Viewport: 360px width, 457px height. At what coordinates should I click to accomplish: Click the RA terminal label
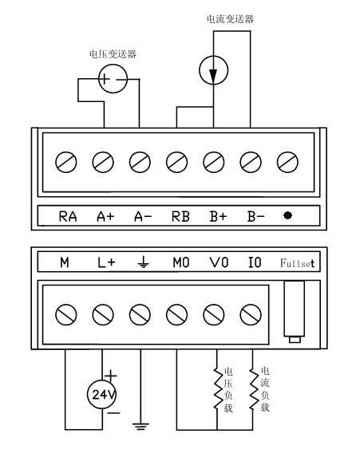(68, 216)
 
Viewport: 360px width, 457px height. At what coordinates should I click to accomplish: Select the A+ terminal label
(105, 216)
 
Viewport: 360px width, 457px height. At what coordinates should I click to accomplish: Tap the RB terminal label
(180, 216)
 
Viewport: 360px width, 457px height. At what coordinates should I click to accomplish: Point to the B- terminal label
(256, 216)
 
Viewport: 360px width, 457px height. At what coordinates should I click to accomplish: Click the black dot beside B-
(287, 215)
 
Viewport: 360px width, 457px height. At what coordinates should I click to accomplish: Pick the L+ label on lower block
(106, 262)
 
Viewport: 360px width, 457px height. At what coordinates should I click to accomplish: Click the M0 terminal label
(181, 262)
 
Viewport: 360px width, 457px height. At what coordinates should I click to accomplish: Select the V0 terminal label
(219, 262)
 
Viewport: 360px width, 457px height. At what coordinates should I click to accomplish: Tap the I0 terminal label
(255, 262)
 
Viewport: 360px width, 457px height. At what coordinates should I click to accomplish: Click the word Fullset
(297, 263)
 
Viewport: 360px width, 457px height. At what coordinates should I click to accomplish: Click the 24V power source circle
(102, 394)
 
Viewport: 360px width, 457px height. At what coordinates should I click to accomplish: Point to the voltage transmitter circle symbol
(113, 79)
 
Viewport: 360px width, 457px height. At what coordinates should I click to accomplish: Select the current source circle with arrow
(214, 70)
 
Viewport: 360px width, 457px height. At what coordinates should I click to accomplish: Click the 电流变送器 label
(230, 19)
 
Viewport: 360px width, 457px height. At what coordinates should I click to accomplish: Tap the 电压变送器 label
(113, 54)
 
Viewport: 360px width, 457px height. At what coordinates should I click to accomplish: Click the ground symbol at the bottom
(140, 427)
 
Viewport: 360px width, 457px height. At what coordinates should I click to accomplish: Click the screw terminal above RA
(66, 162)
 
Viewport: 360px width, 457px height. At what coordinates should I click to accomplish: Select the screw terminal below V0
(214, 315)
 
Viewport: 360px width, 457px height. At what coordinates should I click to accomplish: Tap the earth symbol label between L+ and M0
(143, 262)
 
